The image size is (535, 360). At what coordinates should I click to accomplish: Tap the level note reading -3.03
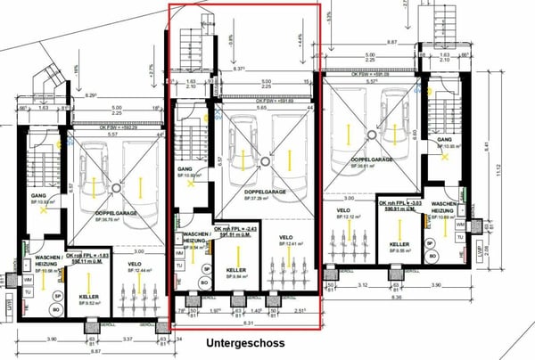pos(398,201)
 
